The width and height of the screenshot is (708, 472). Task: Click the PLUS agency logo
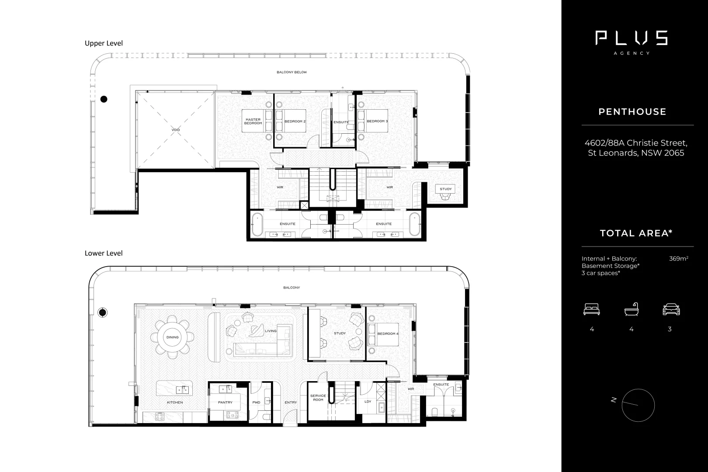632,39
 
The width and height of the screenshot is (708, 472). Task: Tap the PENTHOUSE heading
632,112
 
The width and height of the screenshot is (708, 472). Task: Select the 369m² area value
678,259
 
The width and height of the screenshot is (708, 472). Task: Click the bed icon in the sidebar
591,310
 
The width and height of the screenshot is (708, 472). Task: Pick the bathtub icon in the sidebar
631,310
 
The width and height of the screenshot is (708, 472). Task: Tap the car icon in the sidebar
671,310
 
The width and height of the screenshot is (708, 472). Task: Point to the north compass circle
638,405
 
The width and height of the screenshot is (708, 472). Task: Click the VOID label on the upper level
176,130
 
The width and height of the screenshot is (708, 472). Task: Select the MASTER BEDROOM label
253,121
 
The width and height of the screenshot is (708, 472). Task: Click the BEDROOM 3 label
377,121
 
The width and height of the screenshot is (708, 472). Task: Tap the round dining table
172,337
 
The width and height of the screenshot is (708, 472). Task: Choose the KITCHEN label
175,402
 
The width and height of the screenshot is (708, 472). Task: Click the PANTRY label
225,402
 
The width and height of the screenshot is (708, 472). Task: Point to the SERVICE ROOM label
318,398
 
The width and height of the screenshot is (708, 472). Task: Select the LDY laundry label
368,401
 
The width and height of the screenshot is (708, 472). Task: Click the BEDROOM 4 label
388,334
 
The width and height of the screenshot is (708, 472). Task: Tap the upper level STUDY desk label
445,189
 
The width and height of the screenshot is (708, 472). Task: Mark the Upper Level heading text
104,43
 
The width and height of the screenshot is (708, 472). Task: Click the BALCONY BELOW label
292,72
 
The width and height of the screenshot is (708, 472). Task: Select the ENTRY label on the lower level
290,402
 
